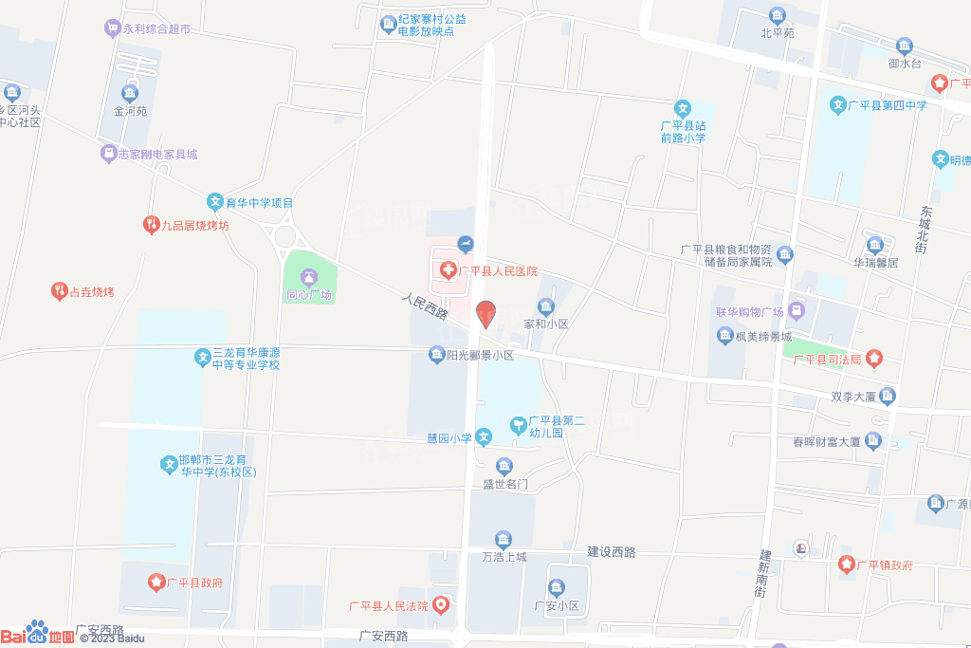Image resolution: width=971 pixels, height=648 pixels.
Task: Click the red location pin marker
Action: (485, 313)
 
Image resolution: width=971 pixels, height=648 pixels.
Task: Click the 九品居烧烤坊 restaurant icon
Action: (150, 225)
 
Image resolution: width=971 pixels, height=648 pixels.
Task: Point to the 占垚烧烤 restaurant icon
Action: (59, 291)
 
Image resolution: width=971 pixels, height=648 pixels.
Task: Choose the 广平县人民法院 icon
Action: (441, 604)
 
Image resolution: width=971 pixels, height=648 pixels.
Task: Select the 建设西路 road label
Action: (611, 551)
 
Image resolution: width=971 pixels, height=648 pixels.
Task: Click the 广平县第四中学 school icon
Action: (838, 104)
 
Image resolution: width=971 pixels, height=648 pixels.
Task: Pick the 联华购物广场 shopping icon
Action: (797, 310)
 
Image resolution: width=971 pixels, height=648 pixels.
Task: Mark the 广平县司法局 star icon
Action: (873, 359)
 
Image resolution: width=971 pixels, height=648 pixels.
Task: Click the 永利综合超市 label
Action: (156, 29)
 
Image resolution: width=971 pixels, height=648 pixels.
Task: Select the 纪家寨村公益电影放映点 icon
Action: (387, 24)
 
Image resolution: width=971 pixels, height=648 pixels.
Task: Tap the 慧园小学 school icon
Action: (484, 437)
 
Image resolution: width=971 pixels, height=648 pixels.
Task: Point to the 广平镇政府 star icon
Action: (847, 565)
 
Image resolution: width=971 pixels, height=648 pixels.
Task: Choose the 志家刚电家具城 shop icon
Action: (109, 154)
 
